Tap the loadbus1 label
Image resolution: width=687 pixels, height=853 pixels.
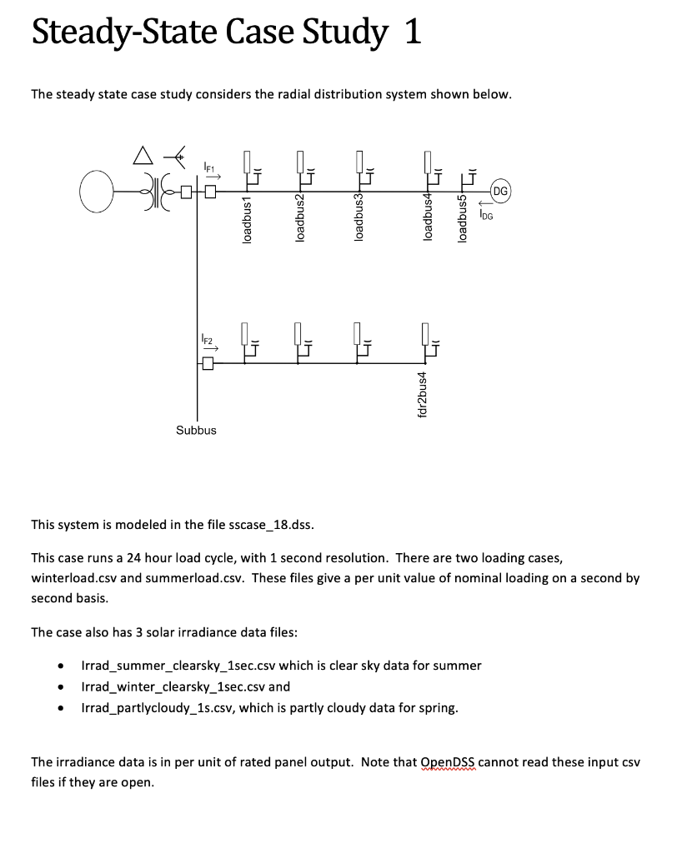(x=245, y=220)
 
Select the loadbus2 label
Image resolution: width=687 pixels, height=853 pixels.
(x=300, y=220)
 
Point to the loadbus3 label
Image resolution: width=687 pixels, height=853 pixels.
(x=359, y=220)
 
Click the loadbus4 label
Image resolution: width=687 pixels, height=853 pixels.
(x=428, y=220)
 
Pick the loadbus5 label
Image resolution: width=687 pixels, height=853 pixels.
(x=463, y=220)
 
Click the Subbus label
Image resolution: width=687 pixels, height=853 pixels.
(x=196, y=430)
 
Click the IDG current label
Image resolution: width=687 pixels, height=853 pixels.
(x=488, y=215)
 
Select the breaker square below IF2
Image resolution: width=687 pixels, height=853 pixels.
(x=209, y=364)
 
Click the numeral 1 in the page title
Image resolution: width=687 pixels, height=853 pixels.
(x=411, y=33)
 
